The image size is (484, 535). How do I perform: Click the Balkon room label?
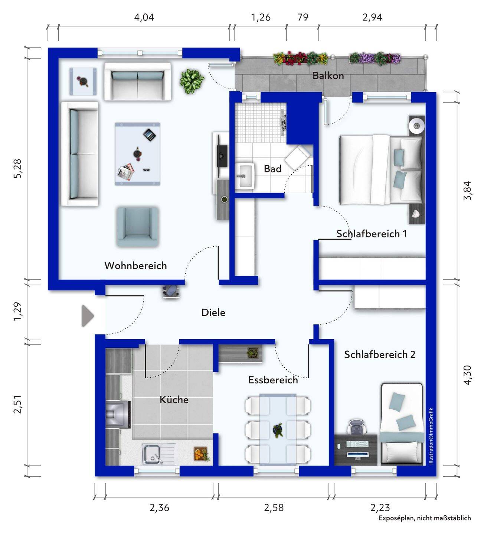[328, 76]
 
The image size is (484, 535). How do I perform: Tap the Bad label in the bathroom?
[273, 169]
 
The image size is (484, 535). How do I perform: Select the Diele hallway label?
[213, 312]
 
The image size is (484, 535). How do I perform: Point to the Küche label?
[174, 399]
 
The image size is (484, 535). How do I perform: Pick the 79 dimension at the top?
[303, 17]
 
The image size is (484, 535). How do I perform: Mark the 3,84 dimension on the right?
[467, 191]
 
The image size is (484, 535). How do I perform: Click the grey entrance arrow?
[88, 316]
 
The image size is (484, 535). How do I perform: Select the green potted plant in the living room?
[192, 81]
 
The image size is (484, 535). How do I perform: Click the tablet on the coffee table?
[150, 135]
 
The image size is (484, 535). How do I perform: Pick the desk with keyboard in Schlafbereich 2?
[356, 450]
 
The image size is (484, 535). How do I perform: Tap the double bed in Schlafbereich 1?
[381, 170]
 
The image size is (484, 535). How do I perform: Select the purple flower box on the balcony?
[375, 58]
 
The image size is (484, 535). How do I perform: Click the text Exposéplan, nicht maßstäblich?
[425, 525]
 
